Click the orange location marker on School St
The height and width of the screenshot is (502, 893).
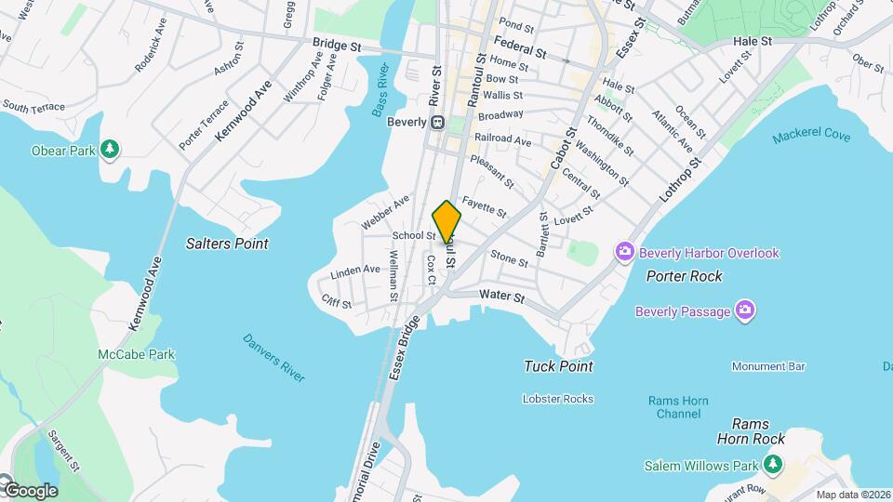click(x=446, y=221)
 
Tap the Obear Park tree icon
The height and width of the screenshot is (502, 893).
click(x=111, y=149)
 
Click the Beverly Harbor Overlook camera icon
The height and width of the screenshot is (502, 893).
click(x=623, y=252)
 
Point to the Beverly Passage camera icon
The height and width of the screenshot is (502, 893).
click(x=744, y=310)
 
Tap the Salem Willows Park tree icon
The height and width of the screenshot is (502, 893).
click(x=771, y=463)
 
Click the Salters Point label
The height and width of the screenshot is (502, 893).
click(x=227, y=244)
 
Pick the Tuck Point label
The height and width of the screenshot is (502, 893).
click(x=558, y=366)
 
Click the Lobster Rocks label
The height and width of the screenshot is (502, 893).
click(x=558, y=397)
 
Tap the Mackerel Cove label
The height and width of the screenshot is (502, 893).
click(x=810, y=137)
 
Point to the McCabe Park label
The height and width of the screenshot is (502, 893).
click(x=136, y=354)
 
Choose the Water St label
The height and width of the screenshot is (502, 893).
click(x=502, y=297)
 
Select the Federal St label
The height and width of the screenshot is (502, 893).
click(x=518, y=44)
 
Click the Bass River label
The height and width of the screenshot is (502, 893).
click(x=380, y=90)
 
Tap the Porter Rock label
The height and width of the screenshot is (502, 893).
click(x=685, y=276)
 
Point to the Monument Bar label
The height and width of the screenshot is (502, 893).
click(x=767, y=366)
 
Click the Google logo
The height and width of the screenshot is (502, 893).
click(x=30, y=490)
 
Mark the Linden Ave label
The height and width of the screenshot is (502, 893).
click(x=355, y=271)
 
